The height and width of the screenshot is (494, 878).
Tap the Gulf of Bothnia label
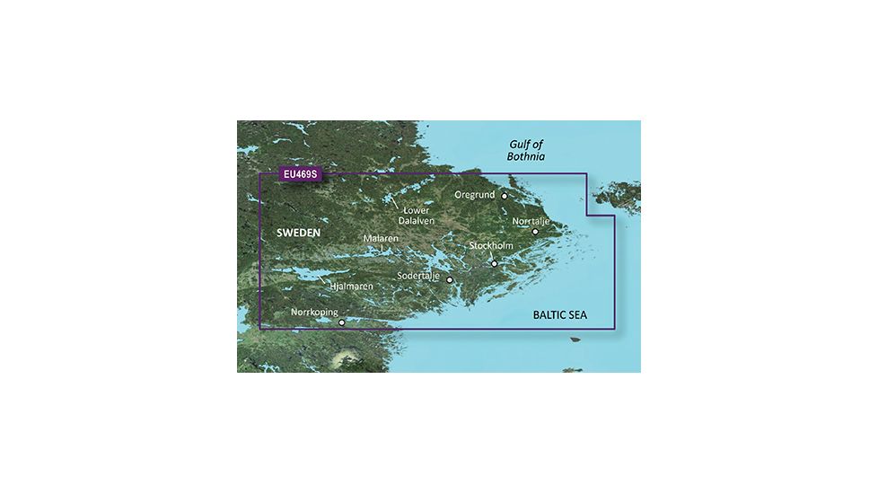tap(526, 150)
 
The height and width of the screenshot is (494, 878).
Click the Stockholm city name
tap(491, 245)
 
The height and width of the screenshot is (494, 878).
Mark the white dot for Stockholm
tap(494, 263)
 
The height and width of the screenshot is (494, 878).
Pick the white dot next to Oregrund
tap(505, 195)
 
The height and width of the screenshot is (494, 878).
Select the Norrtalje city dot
tap(535, 232)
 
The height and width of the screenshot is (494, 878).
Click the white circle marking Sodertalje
tap(450, 280)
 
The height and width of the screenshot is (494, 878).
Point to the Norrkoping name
tap(314, 312)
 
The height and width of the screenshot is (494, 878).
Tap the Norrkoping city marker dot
tap(341, 322)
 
